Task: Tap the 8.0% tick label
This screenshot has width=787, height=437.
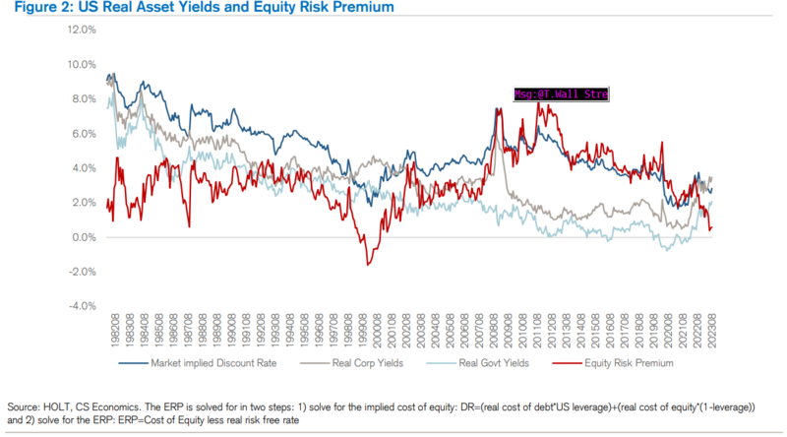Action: click(83, 98)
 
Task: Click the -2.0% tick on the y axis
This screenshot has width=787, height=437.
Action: click(82, 272)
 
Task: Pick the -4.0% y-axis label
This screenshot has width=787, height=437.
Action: click(82, 306)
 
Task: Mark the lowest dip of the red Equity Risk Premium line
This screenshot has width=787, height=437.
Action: click(368, 264)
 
